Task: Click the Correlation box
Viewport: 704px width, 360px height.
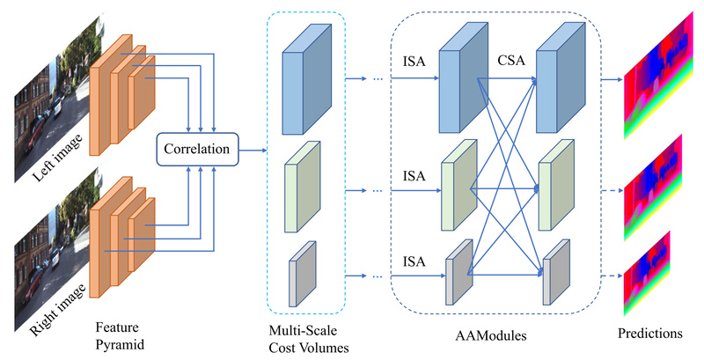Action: pos(198,151)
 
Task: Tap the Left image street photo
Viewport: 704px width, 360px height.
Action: pos(48,106)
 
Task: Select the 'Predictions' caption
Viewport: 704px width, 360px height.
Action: pos(649,334)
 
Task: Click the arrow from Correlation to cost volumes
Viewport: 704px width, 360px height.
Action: pos(254,151)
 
